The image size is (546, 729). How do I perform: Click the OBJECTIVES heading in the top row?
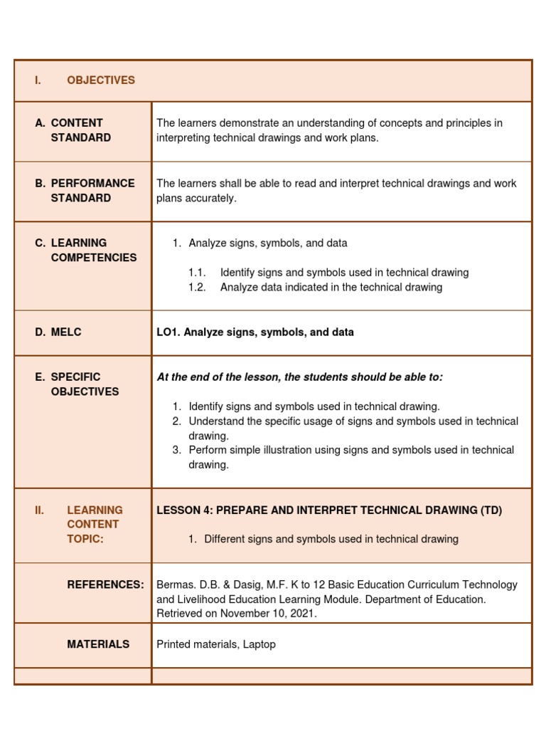click(x=100, y=80)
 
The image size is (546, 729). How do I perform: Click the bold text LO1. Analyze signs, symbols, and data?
click(x=255, y=332)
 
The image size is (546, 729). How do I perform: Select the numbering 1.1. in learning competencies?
click(x=197, y=273)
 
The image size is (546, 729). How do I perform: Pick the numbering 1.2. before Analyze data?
click(x=197, y=288)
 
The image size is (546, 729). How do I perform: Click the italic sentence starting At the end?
click(x=299, y=377)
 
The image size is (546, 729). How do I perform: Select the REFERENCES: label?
click(x=105, y=584)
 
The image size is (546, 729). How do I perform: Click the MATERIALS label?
click(x=98, y=644)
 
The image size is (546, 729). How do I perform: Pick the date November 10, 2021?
click(x=267, y=614)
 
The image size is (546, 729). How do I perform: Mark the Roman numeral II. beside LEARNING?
click(x=39, y=510)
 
